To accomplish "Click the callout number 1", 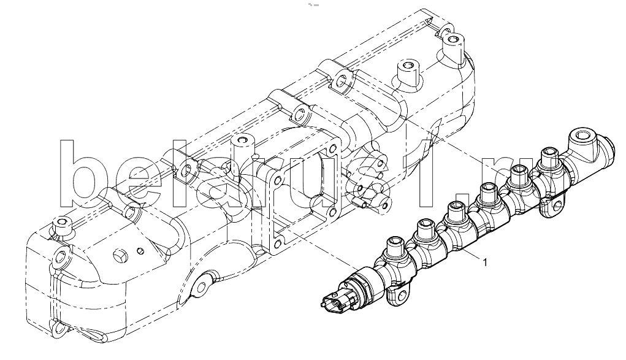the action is [x=485, y=262].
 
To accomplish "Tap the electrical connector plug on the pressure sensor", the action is [x=331, y=300].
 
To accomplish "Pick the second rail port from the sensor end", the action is [x=426, y=228].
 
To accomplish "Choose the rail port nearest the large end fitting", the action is [x=549, y=156].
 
